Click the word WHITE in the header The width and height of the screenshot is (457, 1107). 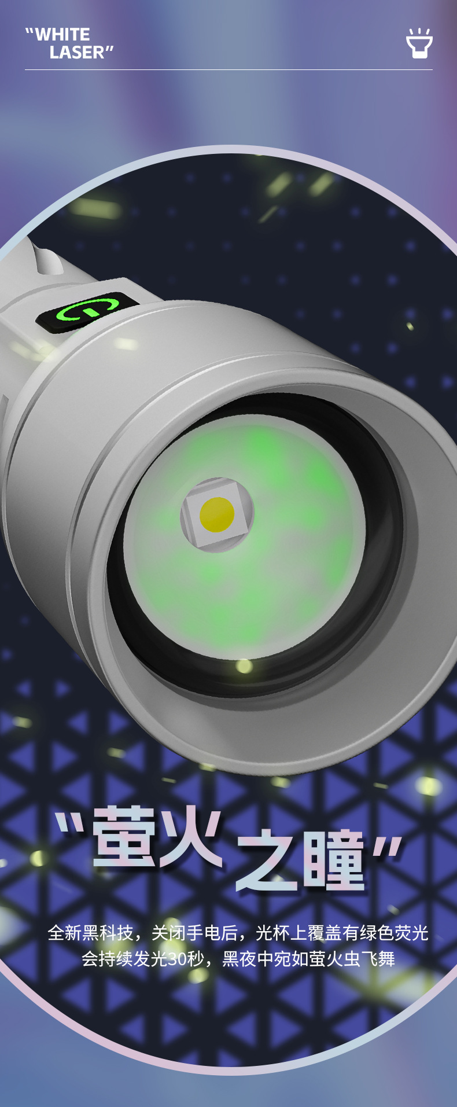click(x=62, y=35)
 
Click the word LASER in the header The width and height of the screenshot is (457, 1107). click(x=77, y=53)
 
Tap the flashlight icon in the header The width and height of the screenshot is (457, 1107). click(x=419, y=43)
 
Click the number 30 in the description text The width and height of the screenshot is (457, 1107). click(x=177, y=959)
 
